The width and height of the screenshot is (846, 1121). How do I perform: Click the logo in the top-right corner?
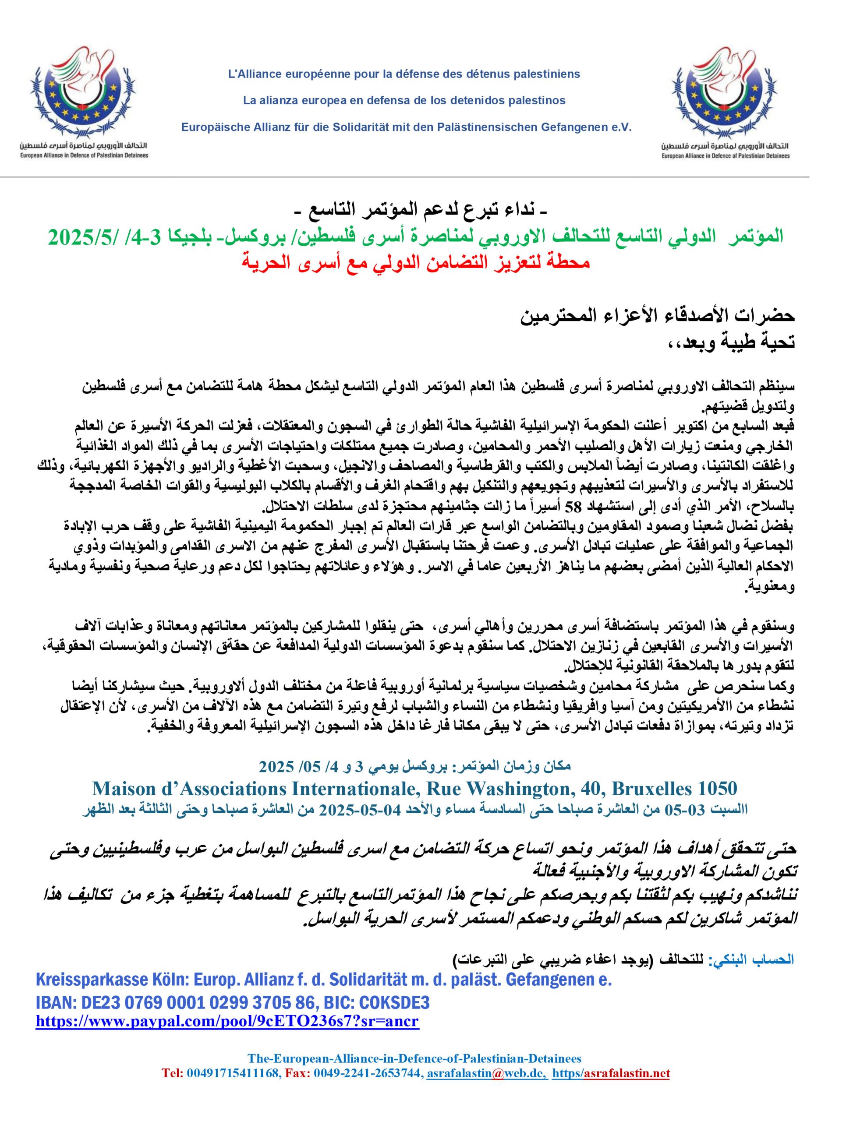coord(725,104)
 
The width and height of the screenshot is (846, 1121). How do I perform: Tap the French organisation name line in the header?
coord(404,74)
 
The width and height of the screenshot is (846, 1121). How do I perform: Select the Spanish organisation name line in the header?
coord(404,101)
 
